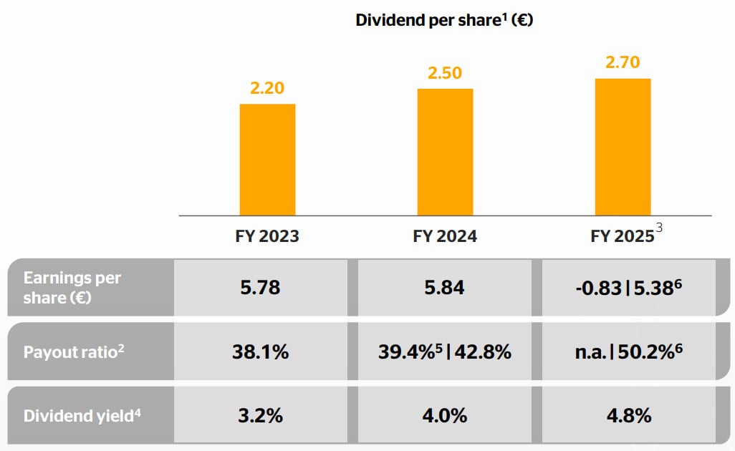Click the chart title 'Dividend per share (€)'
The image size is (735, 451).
(x=444, y=20)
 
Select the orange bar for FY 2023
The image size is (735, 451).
(x=267, y=159)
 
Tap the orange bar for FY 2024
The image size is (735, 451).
(x=445, y=152)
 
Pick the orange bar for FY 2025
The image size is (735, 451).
(x=623, y=146)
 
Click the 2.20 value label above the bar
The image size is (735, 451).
(x=267, y=89)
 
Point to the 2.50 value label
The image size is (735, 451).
(x=445, y=74)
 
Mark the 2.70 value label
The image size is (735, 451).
(x=623, y=63)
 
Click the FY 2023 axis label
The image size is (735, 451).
(x=267, y=237)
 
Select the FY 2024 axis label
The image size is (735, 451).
(x=445, y=237)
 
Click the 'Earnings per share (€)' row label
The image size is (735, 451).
(x=72, y=288)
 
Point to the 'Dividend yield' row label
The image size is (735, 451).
(x=79, y=416)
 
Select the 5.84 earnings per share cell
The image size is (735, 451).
(x=445, y=288)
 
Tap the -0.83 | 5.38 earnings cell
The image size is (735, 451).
(x=628, y=288)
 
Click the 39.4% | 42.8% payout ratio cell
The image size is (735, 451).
(x=445, y=352)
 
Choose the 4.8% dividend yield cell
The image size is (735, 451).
(x=628, y=416)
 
